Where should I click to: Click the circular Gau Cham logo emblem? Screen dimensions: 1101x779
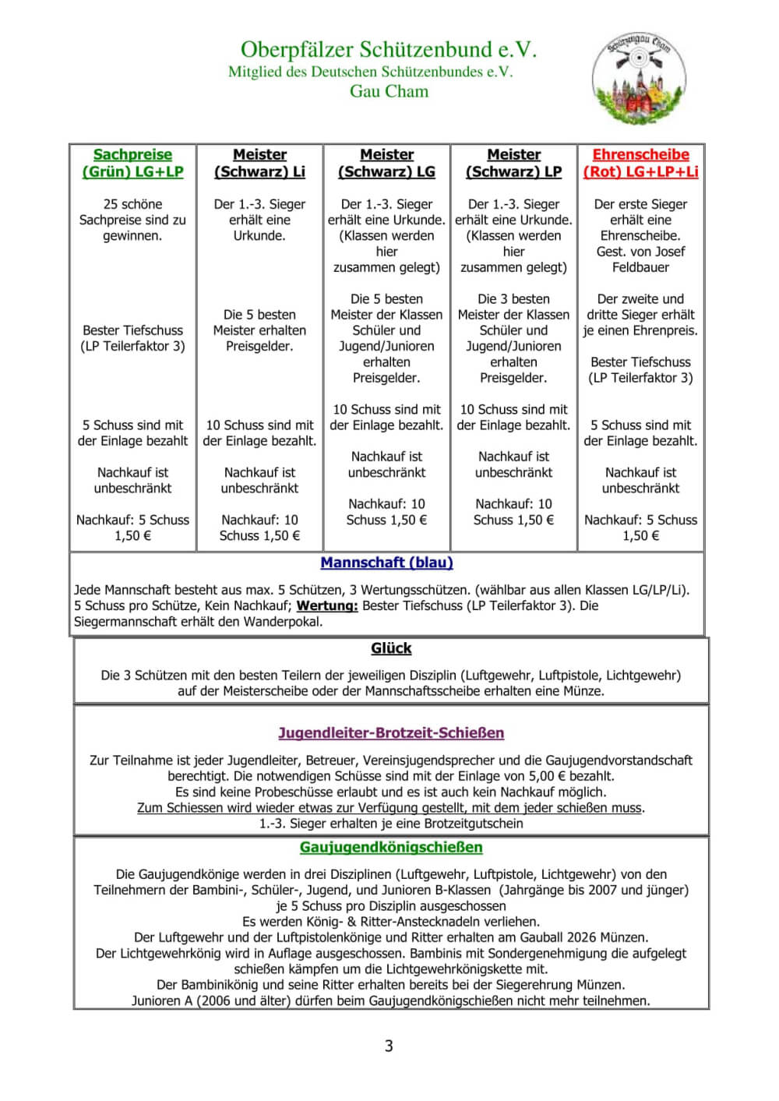(x=639, y=78)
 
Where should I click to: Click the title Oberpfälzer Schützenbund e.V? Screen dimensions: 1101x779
(x=389, y=50)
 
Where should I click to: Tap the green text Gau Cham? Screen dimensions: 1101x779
(x=389, y=91)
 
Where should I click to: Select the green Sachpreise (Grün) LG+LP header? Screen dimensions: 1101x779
(x=132, y=163)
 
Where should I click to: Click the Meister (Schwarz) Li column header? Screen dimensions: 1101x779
(x=259, y=163)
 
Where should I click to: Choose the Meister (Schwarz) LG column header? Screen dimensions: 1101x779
(x=386, y=163)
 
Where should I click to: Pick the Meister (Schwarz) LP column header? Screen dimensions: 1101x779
(x=513, y=163)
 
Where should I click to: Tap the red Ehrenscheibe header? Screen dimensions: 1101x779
(x=640, y=163)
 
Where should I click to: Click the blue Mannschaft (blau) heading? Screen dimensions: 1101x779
(x=386, y=563)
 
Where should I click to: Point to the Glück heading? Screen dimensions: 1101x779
(x=391, y=648)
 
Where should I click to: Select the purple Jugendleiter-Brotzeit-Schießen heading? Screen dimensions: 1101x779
(x=391, y=733)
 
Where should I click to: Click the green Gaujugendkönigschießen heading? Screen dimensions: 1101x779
(x=391, y=848)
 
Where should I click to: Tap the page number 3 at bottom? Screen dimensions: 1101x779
(x=389, y=1046)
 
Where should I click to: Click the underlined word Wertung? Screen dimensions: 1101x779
(x=327, y=605)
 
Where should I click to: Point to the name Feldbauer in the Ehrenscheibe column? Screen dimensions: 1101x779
(x=640, y=267)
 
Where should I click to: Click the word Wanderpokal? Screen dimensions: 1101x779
(x=283, y=622)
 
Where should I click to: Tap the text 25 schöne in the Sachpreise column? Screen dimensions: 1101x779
(x=132, y=204)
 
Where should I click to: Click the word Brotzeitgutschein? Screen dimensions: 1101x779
(x=474, y=824)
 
